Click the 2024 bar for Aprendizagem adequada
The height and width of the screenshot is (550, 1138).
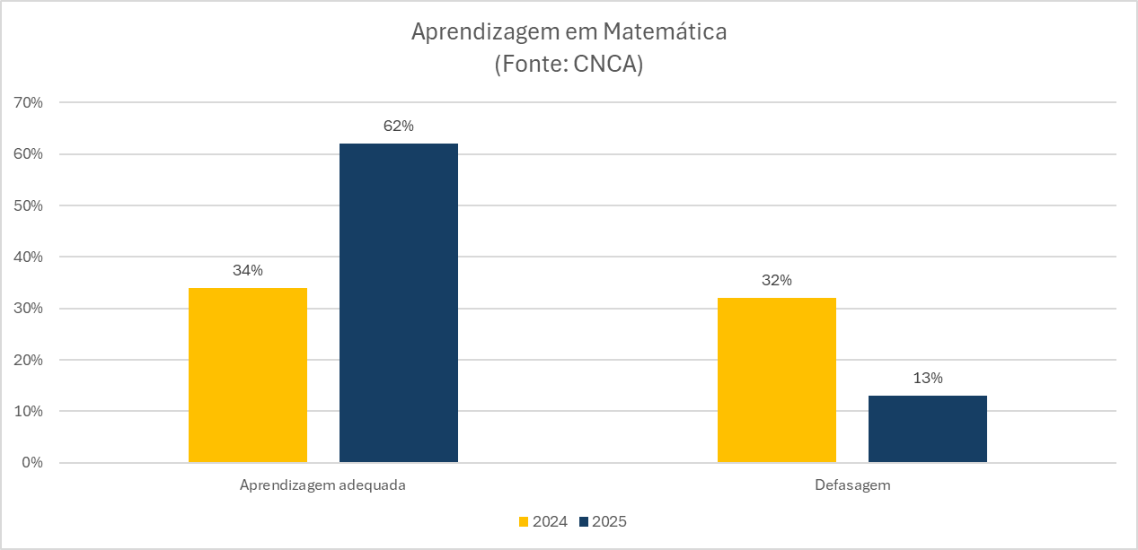(248, 375)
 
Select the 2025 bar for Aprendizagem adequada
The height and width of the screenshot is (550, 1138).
(399, 303)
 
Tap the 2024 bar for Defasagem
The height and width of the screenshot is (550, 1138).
(777, 380)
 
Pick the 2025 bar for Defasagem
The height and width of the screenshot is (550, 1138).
(928, 429)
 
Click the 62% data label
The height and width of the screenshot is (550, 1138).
(399, 127)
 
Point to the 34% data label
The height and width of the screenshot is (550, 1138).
(248, 271)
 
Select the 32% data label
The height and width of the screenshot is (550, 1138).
(777, 281)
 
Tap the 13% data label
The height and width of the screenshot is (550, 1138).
(928, 379)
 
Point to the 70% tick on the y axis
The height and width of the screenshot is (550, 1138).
(30, 103)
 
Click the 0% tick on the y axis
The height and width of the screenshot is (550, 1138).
(33, 463)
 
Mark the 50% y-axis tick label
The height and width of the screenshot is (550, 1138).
(30, 205)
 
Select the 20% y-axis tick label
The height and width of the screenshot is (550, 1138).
(30, 360)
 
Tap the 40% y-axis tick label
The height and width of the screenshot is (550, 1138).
(30, 258)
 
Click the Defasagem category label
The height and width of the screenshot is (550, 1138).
(852, 485)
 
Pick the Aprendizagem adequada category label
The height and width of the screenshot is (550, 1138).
(323, 485)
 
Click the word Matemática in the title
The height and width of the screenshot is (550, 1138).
(665, 32)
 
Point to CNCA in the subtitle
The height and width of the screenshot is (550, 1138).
(604, 65)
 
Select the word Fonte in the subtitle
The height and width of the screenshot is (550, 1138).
(531, 65)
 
